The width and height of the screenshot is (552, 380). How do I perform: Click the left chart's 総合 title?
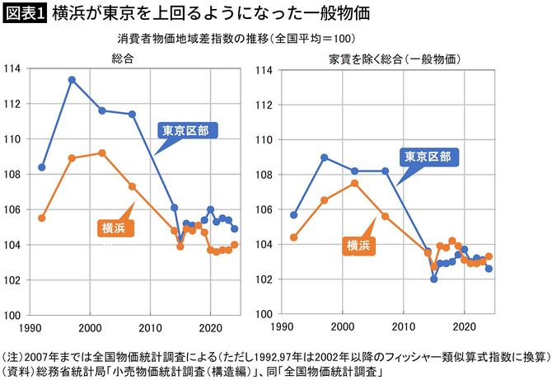point(123,58)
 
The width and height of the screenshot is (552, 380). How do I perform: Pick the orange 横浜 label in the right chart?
point(358,245)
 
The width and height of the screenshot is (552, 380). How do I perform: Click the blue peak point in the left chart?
point(72,80)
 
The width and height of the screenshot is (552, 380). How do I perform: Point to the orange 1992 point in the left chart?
point(42,218)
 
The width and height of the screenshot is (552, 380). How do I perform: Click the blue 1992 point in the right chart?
point(294,214)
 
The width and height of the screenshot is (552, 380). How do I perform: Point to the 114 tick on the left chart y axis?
point(13,69)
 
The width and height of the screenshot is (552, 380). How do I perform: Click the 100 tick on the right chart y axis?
point(265,315)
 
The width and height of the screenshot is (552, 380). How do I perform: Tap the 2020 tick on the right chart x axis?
point(465,326)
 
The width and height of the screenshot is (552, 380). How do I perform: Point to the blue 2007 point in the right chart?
point(385,171)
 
